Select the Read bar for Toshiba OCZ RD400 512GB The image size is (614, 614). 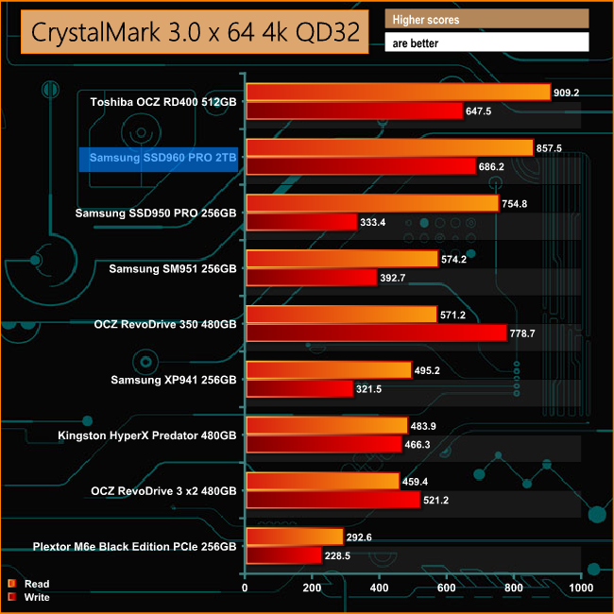(x=398, y=93)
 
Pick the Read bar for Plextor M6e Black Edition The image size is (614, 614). (x=294, y=537)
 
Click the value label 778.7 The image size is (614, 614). (x=525, y=333)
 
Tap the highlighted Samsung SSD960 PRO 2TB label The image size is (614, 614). (x=157, y=157)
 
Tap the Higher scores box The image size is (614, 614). (x=486, y=19)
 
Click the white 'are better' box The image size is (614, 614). (x=486, y=43)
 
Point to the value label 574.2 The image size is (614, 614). (x=457, y=258)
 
